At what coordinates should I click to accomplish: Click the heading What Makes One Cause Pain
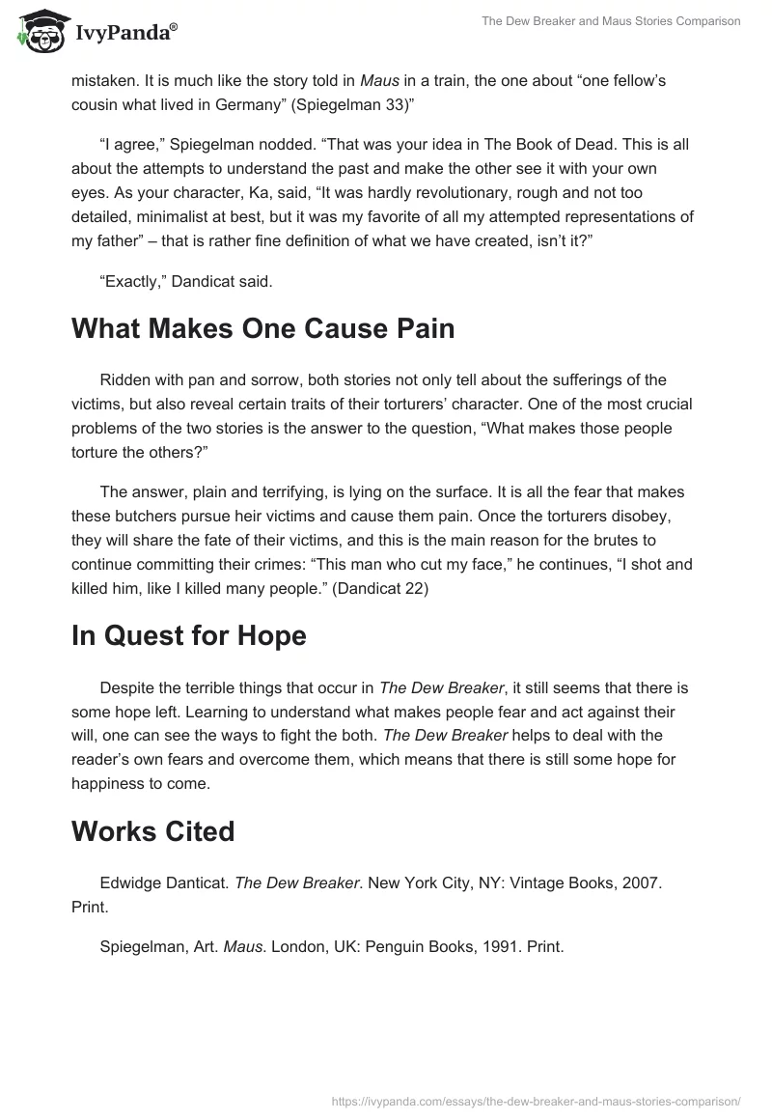point(262,328)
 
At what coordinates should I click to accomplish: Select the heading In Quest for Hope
point(189,635)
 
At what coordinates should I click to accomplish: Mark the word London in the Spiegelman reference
point(295,947)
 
